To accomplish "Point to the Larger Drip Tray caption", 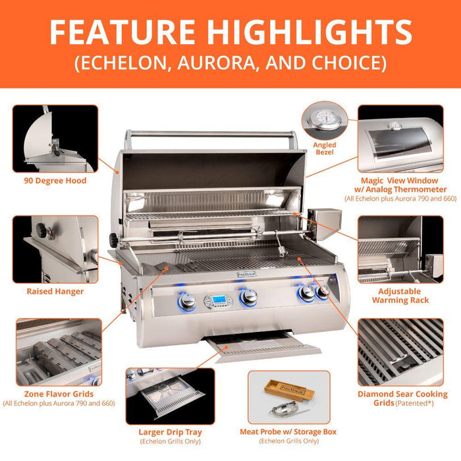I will click(x=171, y=432).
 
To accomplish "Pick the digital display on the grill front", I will click(x=217, y=301).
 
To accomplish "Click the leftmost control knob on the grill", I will click(x=187, y=301).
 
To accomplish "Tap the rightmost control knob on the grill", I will click(x=322, y=294).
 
